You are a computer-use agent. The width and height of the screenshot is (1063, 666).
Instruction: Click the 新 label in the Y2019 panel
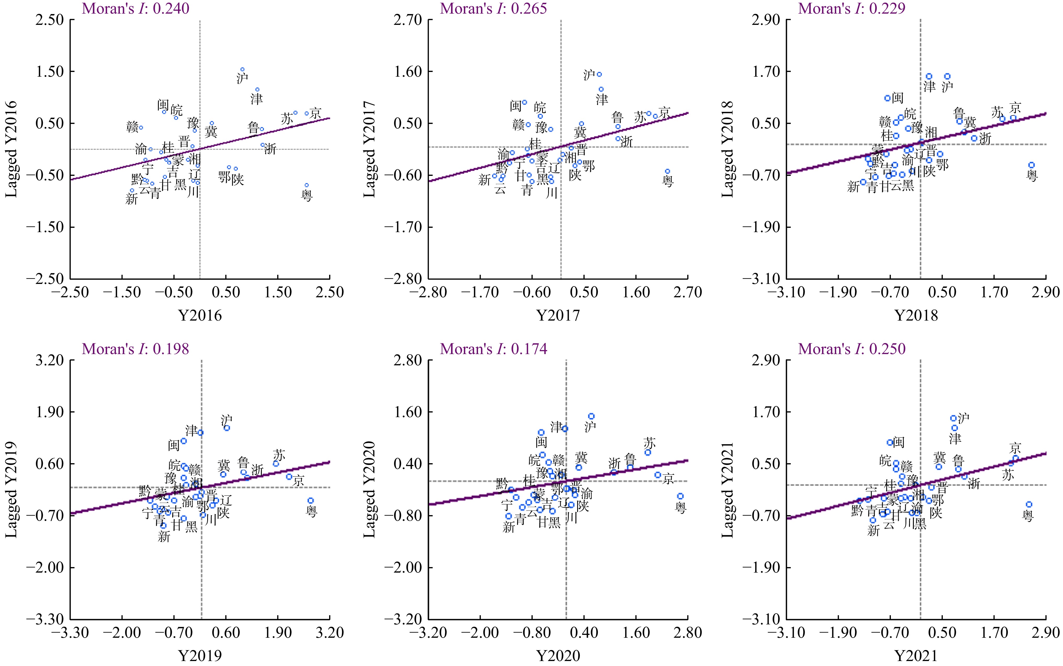click(x=164, y=536)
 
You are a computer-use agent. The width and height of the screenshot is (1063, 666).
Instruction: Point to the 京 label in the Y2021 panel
click(x=1015, y=448)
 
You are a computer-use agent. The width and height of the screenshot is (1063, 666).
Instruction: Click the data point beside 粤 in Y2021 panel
click(x=1029, y=504)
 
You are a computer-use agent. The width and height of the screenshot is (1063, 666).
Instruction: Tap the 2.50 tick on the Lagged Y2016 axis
click(x=49, y=20)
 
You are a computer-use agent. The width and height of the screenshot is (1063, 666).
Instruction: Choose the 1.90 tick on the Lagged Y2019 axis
click(x=49, y=412)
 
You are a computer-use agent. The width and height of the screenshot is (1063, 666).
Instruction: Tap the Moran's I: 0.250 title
click(x=852, y=349)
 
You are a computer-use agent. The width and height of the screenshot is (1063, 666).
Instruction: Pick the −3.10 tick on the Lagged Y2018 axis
click(x=765, y=278)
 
